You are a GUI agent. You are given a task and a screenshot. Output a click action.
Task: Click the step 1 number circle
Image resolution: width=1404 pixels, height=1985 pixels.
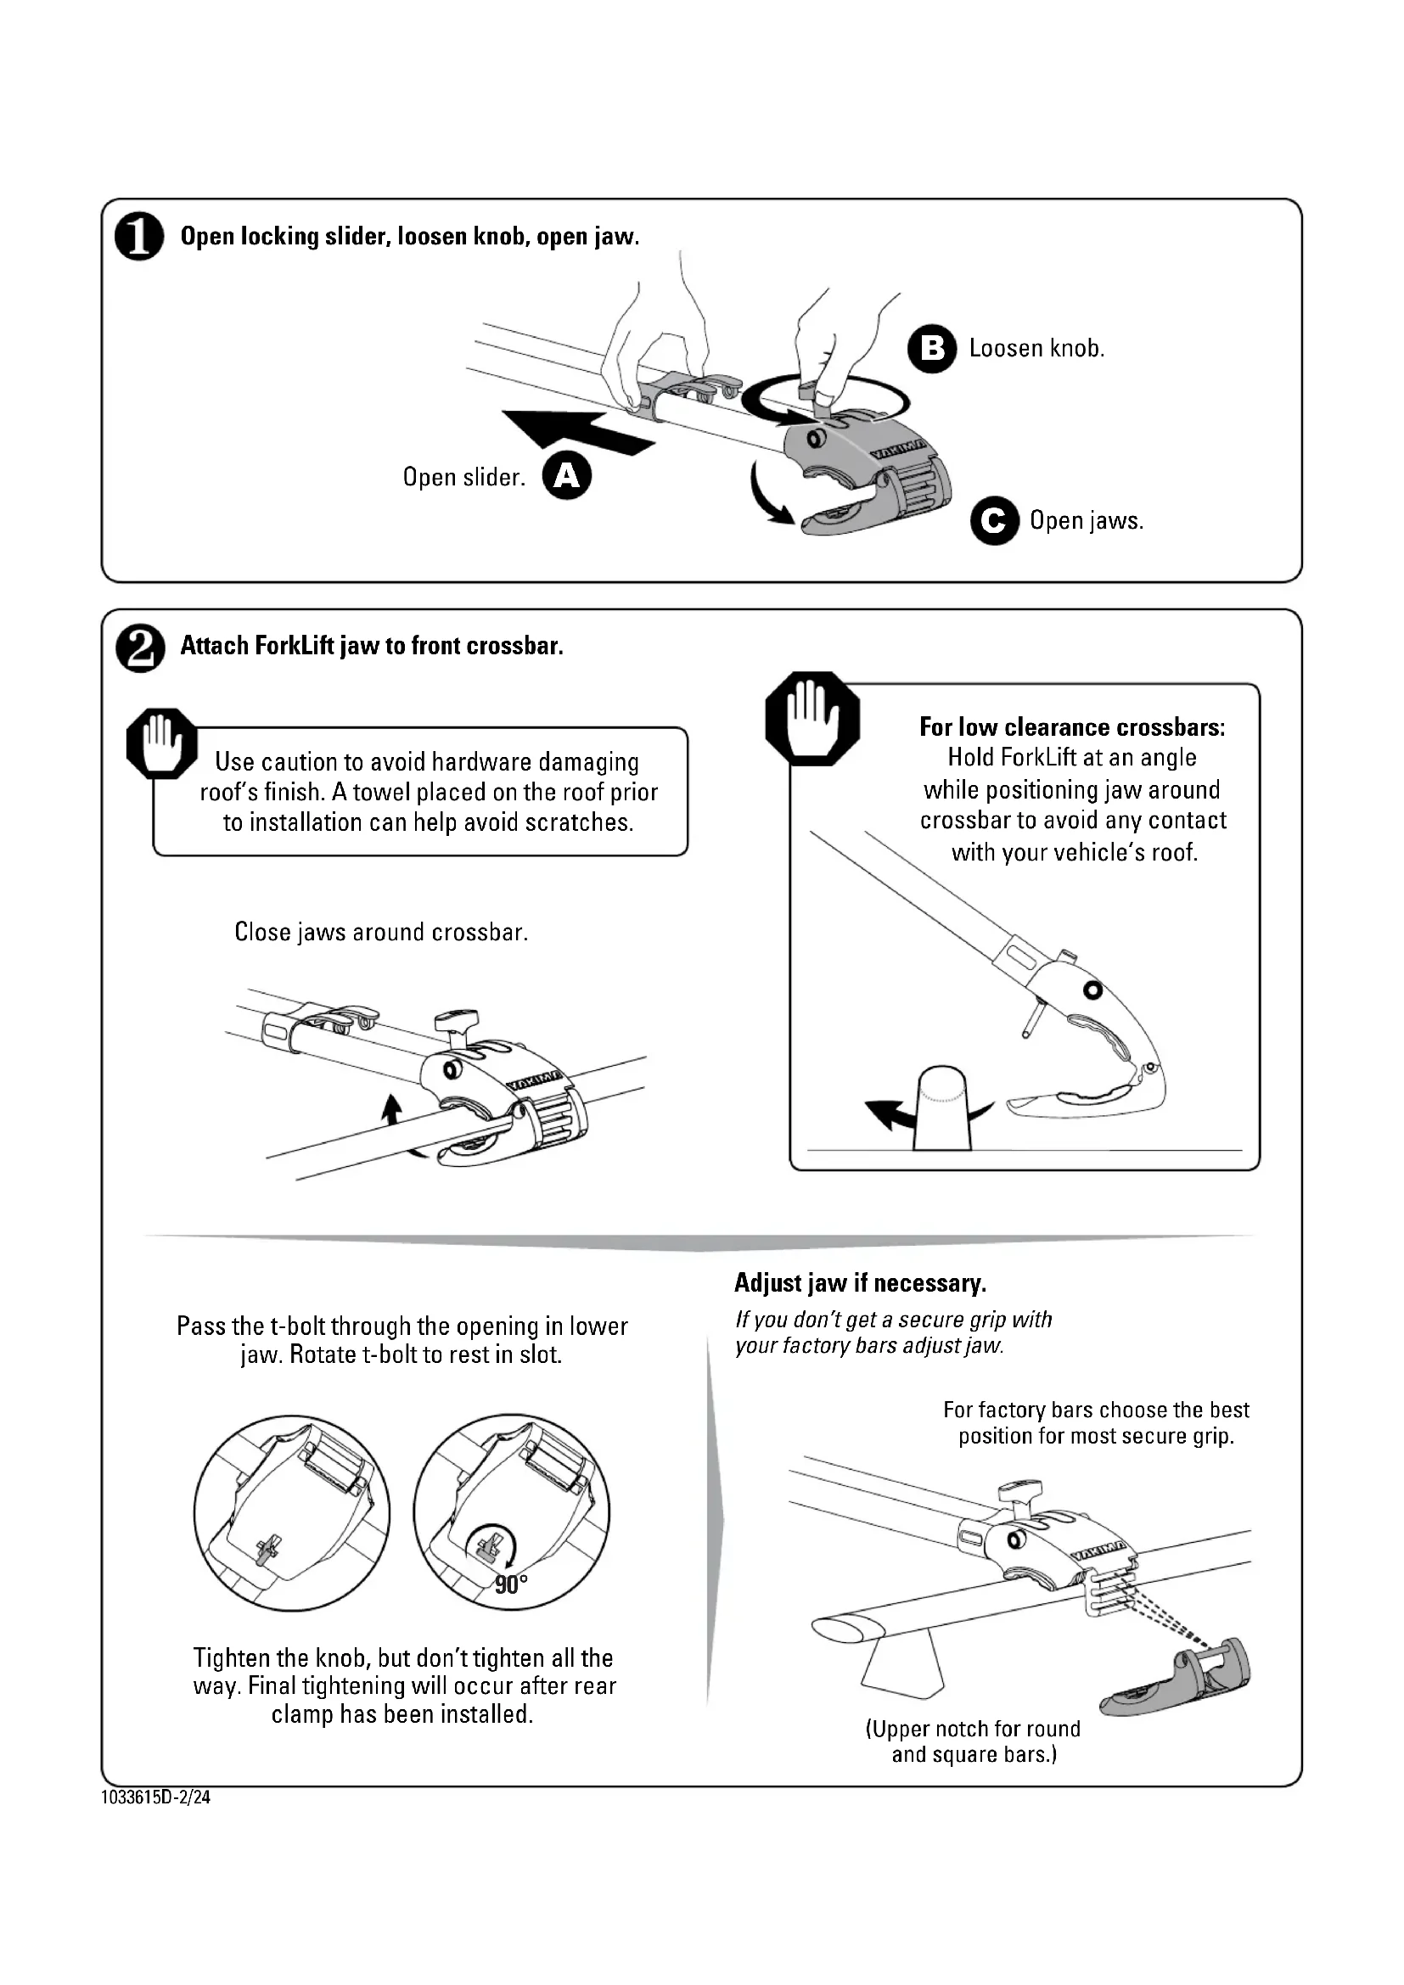139,238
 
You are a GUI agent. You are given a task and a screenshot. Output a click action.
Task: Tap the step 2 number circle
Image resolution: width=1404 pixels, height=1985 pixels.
139,649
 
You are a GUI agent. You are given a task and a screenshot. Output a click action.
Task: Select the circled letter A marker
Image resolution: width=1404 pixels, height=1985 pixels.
566,476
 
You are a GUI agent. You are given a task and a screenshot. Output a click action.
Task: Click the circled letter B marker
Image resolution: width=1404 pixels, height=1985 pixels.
932,349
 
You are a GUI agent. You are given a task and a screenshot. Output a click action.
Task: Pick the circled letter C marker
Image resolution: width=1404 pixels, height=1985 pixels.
994,520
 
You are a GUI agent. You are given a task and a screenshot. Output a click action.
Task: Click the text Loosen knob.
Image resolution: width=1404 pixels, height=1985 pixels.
1036,349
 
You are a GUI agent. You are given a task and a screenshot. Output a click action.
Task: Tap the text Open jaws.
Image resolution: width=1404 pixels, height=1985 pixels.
1086,520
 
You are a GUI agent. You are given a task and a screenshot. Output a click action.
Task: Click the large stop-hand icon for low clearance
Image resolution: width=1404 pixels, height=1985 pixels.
812,719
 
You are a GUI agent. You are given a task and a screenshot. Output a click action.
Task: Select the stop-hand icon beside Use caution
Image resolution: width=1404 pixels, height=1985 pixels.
160,743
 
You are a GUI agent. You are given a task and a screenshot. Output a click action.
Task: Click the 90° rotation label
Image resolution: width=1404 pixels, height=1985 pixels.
511,1584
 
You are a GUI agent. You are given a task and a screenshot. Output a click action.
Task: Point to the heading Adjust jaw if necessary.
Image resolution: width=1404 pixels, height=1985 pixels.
860,1283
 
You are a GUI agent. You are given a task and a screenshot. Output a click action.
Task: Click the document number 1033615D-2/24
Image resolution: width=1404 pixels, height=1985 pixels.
155,1797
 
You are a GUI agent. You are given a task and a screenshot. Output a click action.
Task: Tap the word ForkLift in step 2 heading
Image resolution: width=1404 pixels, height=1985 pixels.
292,646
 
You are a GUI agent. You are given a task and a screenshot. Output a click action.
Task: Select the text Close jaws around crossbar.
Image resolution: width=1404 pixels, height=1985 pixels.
381,932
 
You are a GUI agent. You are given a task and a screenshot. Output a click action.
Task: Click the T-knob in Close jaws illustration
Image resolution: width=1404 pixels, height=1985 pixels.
456,1024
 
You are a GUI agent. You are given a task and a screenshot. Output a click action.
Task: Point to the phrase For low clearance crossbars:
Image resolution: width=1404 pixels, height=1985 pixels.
1072,727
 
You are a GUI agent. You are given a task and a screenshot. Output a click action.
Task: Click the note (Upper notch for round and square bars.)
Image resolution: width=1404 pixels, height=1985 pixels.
973,1741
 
